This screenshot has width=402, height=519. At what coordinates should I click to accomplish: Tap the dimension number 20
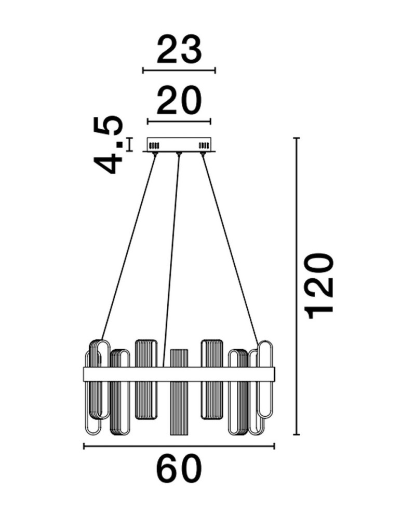(x=179, y=100)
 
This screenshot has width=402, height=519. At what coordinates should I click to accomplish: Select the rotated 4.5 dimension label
(x=108, y=145)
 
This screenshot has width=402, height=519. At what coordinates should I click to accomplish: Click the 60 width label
(x=179, y=469)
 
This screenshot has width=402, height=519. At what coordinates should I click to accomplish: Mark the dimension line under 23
(x=179, y=70)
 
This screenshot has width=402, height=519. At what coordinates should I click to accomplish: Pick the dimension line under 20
(x=179, y=121)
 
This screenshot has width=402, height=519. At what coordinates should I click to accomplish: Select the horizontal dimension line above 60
(x=179, y=446)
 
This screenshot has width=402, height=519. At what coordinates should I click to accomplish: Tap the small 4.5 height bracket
(x=129, y=145)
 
